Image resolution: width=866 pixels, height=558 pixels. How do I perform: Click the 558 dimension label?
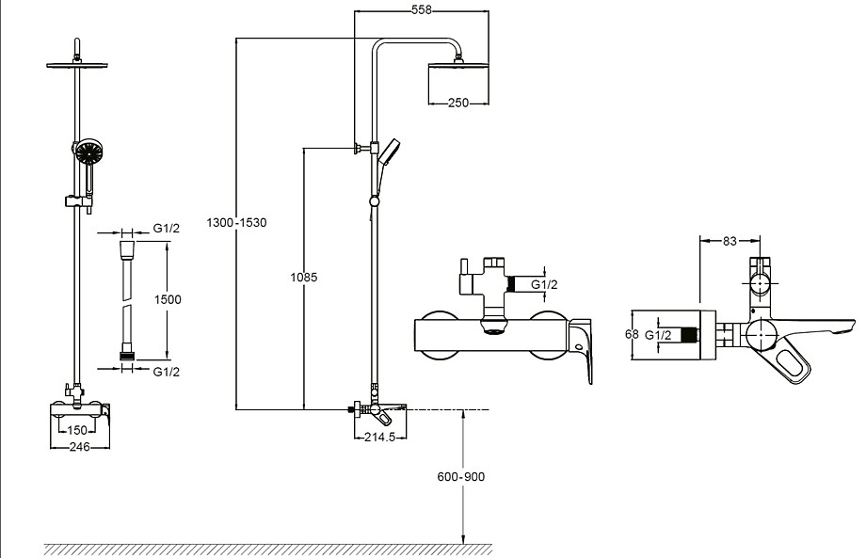click(x=422, y=10)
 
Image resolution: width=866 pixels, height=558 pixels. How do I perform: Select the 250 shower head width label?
click(x=457, y=103)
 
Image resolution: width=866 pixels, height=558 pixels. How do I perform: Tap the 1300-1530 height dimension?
click(x=236, y=222)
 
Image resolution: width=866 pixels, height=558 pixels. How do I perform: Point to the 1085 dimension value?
click(x=304, y=277)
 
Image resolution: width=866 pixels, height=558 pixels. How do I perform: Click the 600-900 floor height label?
click(x=460, y=477)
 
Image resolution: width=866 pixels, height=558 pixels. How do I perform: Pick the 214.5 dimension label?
click(x=380, y=438)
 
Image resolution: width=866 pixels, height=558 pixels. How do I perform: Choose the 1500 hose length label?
click(x=168, y=299)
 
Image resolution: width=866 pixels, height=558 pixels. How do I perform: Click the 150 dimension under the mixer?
click(x=77, y=430)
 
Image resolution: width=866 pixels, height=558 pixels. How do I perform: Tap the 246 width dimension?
click(x=79, y=447)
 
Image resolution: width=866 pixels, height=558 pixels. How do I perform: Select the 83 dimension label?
click(x=730, y=241)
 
